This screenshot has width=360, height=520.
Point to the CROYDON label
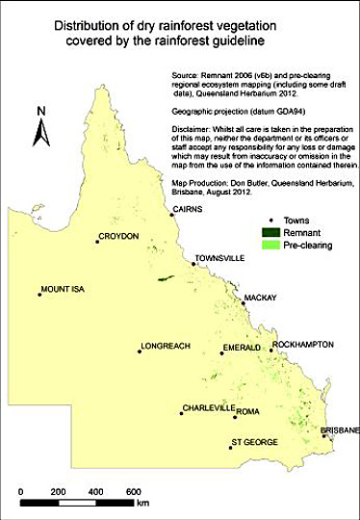pyautogui.click(x=119, y=236)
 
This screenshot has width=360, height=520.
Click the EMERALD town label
pyautogui.click(x=242, y=347)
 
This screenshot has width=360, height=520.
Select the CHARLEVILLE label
pyautogui.click(x=208, y=408)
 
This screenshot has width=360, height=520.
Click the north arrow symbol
pyautogui.click(x=41, y=130)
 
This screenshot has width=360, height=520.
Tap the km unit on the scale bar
pyautogui.click(x=143, y=503)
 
